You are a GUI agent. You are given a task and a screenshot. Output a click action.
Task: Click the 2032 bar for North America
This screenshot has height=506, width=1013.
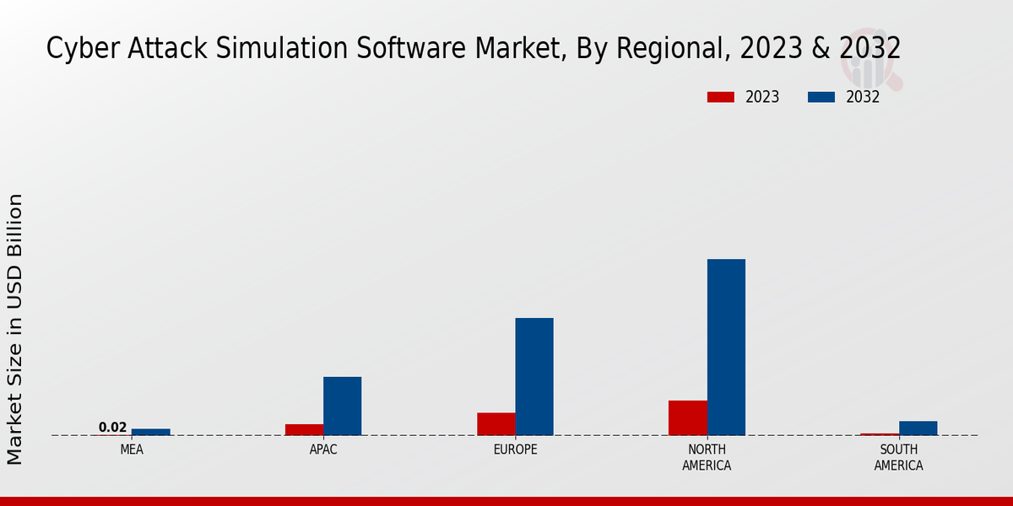coord(726,347)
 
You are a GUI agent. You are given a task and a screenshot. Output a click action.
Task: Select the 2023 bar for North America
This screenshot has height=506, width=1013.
coord(687,417)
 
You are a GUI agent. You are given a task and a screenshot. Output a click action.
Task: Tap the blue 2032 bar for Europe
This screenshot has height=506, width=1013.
coord(534,376)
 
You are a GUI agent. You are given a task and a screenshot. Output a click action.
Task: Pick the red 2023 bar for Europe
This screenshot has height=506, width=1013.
coord(496,424)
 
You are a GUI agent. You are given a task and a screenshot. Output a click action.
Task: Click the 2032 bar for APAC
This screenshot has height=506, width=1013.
coord(342,406)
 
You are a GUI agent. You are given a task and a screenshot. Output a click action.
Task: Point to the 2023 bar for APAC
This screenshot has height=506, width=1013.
coord(304,429)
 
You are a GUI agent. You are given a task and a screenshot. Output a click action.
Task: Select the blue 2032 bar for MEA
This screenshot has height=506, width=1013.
coord(150,432)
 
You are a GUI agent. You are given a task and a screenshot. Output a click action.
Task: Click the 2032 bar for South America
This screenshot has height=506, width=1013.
coord(918,428)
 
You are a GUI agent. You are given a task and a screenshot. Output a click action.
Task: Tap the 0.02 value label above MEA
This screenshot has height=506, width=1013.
coord(112,428)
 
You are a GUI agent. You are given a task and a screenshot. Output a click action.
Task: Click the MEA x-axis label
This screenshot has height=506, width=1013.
coord(132,449)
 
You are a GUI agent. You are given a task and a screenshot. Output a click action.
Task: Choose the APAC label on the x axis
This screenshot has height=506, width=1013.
coord(323,449)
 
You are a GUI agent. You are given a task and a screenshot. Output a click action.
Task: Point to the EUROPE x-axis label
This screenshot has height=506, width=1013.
coord(515,449)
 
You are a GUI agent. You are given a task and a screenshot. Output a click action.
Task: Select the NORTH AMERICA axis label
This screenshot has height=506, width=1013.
coord(707,457)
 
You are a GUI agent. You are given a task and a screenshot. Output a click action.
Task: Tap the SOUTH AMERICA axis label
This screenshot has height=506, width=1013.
coord(898,457)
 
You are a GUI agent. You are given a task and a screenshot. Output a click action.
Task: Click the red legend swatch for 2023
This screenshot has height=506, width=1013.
coord(720,97)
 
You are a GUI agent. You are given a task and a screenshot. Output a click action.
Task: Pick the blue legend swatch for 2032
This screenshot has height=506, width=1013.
coord(821,97)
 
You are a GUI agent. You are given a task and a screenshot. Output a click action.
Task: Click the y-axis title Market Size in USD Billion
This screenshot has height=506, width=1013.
coord(15,329)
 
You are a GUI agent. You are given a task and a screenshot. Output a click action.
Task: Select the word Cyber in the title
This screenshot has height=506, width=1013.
coord(73,49)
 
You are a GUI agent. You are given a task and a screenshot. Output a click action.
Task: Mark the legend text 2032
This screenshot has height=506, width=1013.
coord(863,97)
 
